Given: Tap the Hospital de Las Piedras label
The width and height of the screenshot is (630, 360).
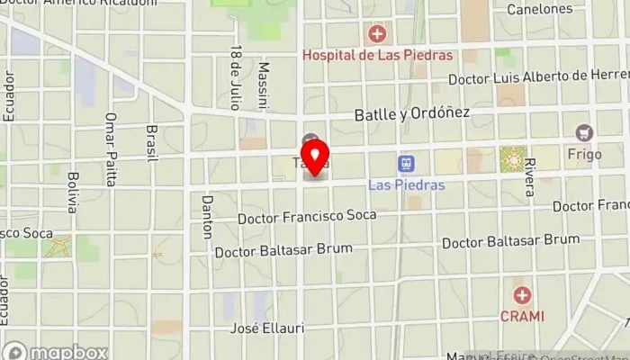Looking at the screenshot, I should [376, 55].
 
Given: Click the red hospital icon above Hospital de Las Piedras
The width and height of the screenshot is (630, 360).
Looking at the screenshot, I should [376, 34].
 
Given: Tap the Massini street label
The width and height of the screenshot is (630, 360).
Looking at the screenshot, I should [264, 85].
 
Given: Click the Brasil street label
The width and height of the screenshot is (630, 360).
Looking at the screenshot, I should [151, 142].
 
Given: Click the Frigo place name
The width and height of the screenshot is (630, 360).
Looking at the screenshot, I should [584, 155].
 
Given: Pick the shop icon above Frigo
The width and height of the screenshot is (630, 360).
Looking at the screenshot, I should [585, 133].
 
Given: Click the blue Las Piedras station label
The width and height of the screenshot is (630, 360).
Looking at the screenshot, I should [407, 184].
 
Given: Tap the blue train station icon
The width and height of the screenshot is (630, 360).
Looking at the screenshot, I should [407, 164].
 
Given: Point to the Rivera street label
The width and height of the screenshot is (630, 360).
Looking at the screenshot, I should [530, 177].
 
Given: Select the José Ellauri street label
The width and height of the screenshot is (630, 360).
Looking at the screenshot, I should [264, 328].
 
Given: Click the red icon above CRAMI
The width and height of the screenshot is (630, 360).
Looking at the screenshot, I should [521, 295].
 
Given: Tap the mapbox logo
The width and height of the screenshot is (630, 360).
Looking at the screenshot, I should [56, 352].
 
